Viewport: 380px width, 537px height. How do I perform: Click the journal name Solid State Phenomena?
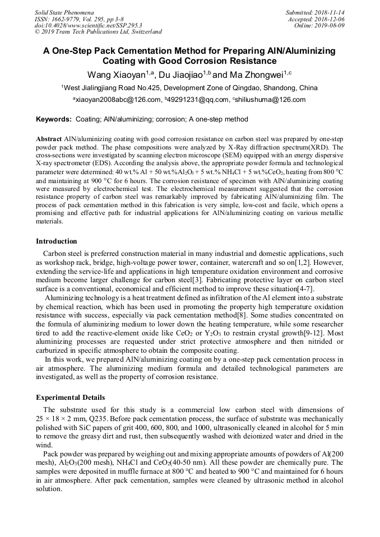pos(64,12)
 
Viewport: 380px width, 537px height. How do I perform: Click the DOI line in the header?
pos(88,25)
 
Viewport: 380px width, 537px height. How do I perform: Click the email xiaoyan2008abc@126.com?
pos(118,100)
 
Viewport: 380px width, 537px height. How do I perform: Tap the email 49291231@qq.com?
pos(197,100)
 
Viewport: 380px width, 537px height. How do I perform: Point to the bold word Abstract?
pos(49,138)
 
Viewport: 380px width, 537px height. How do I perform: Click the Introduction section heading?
pos(57,241)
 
